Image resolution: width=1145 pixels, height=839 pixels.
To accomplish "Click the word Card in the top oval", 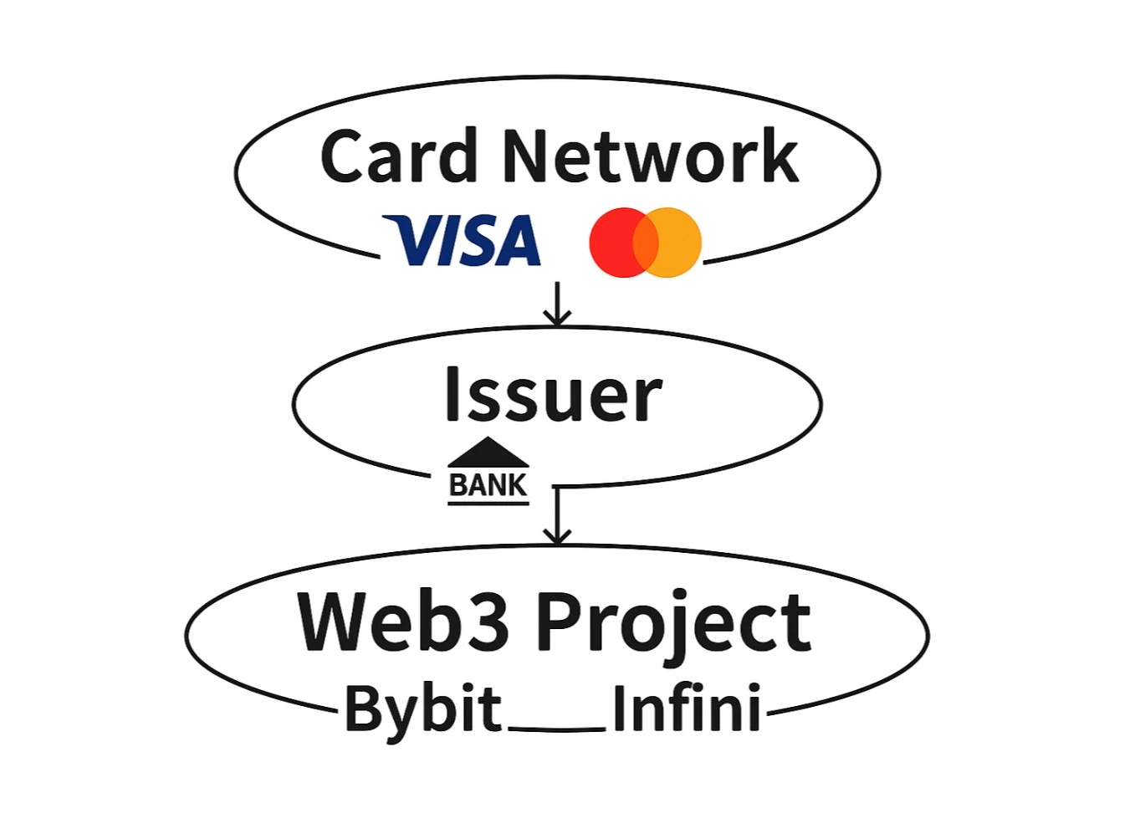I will [x=398, y=157].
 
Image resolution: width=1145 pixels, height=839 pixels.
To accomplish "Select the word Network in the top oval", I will [x=650, y=157].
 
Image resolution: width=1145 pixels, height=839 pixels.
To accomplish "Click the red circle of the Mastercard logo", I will [x=616, y=243].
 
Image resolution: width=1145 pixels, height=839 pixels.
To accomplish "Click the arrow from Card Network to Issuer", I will [x=557, y=304].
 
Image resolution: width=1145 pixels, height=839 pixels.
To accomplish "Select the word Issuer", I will [x=553, y=395].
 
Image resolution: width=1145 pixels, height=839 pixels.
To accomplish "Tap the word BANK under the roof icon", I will [x=488, y=485].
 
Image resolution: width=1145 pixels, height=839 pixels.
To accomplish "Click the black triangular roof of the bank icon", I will [x=488, y=453].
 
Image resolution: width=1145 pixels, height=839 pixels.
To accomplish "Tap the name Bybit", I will [x=423, y=709].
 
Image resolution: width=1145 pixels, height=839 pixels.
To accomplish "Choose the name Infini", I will [x=687, y=709].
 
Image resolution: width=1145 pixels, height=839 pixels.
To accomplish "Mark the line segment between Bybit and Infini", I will [x=557, y=729].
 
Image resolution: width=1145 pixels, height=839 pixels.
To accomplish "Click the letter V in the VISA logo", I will [x=408, y=240].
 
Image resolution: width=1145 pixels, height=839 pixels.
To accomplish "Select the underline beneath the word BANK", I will [x=488, y=504].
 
